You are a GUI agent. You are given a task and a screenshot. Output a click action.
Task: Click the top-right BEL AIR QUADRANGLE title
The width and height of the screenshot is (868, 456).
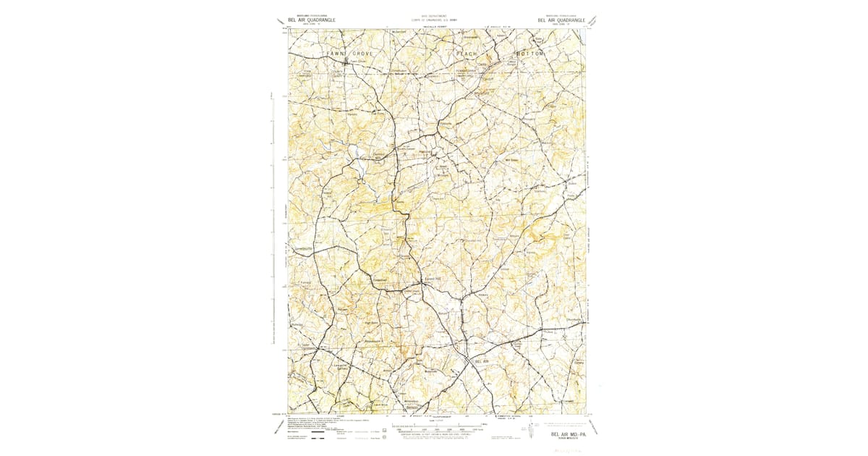(x=561, y=20)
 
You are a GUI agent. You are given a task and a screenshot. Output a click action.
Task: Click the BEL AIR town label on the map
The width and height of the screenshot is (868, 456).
(x=482, y=360)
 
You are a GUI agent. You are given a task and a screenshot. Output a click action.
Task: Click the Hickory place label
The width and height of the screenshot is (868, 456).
(x=484, y=296)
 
